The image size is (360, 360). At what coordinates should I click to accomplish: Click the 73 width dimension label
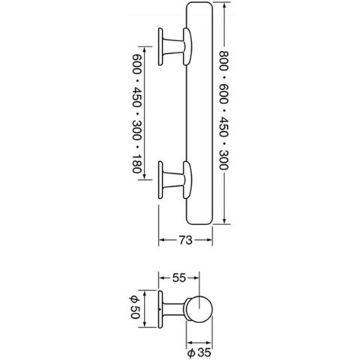tap(185, 240)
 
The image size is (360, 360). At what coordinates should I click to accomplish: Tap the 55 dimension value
tap(179, 278)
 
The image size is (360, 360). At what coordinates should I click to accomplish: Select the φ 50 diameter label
tap(135, 307)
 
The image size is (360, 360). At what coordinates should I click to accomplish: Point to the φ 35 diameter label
tap(199, 352)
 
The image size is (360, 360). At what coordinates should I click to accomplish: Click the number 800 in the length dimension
tap(223, 61)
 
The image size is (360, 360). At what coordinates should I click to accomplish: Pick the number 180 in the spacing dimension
tap(136, 163)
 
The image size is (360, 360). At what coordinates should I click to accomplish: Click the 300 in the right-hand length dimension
tap(223, 160)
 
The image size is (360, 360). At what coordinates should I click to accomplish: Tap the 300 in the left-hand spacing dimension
tap(136, 130)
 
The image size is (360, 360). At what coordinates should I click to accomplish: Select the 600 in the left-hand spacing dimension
tap(136, 64)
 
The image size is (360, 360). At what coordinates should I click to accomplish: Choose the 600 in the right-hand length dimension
tap(223, 94)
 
